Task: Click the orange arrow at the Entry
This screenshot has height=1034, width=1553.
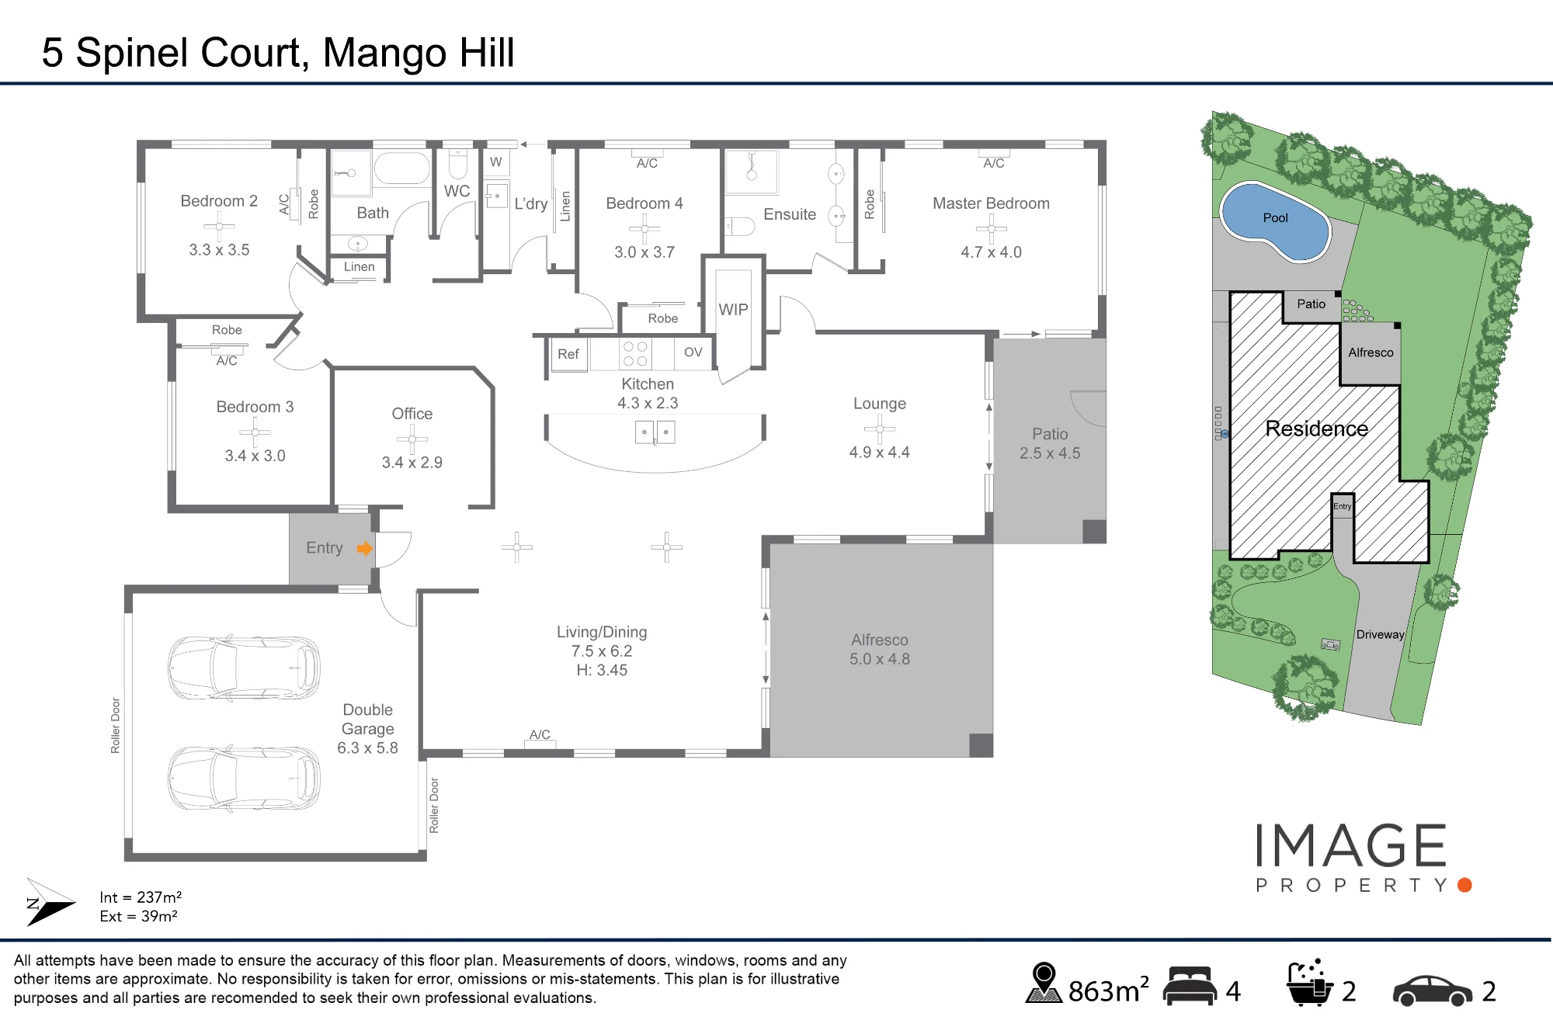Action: click(365, 549)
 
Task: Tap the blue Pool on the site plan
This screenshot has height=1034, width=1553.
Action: click(1275, 220)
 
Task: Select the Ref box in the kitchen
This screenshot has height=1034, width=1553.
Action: click(568, 354)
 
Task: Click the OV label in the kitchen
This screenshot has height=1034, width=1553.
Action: click(693, 352)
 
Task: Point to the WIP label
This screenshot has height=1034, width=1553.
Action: click(733, 310)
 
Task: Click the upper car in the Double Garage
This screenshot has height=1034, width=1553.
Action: click(244, 668)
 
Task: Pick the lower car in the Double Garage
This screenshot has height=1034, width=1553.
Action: click(244, 778)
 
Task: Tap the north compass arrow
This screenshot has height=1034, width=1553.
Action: click(50, 902)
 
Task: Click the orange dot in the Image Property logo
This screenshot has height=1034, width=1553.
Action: click(1465, 885)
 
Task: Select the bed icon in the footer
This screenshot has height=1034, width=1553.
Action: click(1190, 986)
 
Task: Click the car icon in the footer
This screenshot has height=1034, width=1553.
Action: click(1433, 991)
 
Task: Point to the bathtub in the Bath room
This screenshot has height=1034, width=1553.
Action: click(401, 168)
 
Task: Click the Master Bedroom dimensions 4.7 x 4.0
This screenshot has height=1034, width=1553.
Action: click(991, 252)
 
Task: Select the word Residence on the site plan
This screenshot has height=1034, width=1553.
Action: click(1317, 429)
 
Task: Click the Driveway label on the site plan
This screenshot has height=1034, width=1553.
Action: click(1381, 634)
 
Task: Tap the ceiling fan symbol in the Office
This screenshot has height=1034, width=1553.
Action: click(412, 439)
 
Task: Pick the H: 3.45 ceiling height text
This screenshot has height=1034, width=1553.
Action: click(602, 670)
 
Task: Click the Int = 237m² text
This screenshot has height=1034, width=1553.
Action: click(141, 897)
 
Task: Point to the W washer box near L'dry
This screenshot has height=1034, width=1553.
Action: click(496, 162)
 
